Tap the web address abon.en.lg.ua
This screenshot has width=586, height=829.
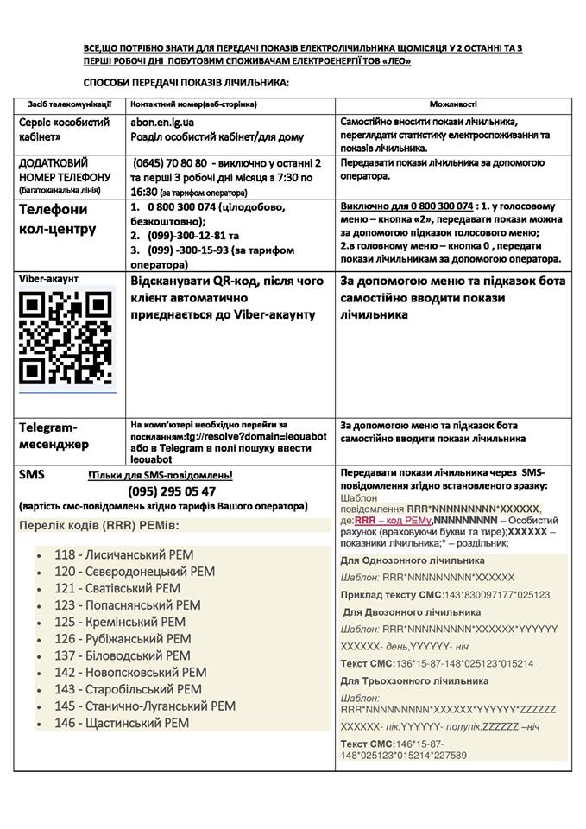click(162, 123)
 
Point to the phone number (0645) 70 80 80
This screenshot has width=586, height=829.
click(170, 162)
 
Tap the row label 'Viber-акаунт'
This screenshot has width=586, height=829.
click(50, 279)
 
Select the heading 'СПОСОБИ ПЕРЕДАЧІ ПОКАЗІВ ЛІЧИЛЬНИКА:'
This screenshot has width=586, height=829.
click(186, 83)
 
